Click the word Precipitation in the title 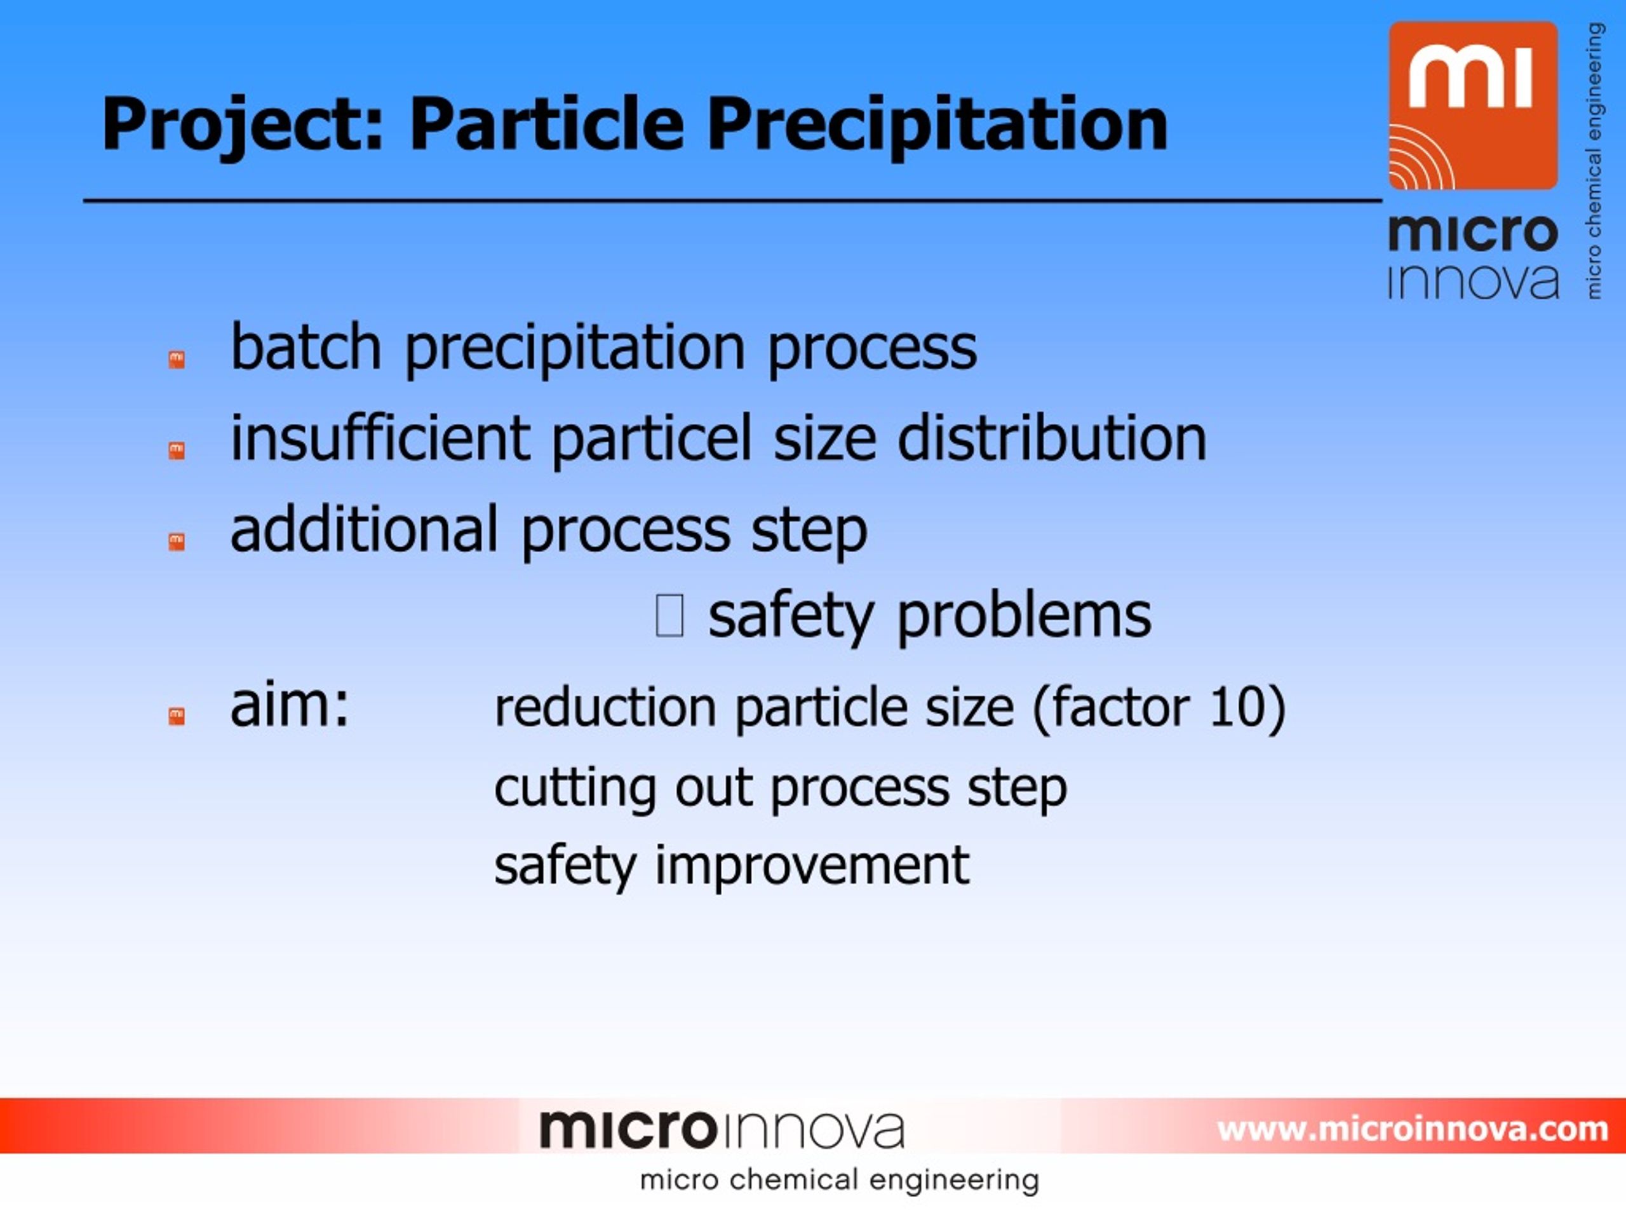pyautogui.click(x=937, y=125)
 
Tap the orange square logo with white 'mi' pyautogui.click(x=1473, y=105)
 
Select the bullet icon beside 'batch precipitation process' pyautogui.click(x=177, y=360)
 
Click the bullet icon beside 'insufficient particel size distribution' pyautogui.click(x=177, y=450)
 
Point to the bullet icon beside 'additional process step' pyautogui.click(x=177, y=541)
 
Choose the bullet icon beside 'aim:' pyautogui.click(x=177, y=715)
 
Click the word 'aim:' pyautogui.click(x=290, y=705)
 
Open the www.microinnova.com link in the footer pyautogui.click(x=1412, y=1128)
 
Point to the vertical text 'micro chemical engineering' pyautogui.click(x=1593, y=160)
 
